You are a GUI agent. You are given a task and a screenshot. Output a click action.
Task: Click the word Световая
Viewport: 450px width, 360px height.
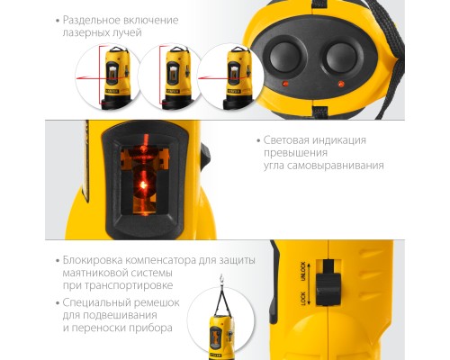[289, 140]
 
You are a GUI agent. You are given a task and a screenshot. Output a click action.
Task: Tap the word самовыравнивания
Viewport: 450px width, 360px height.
[339, 166]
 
